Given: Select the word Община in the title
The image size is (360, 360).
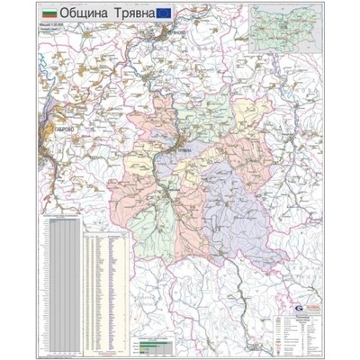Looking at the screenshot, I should click(x=85, y=16).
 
